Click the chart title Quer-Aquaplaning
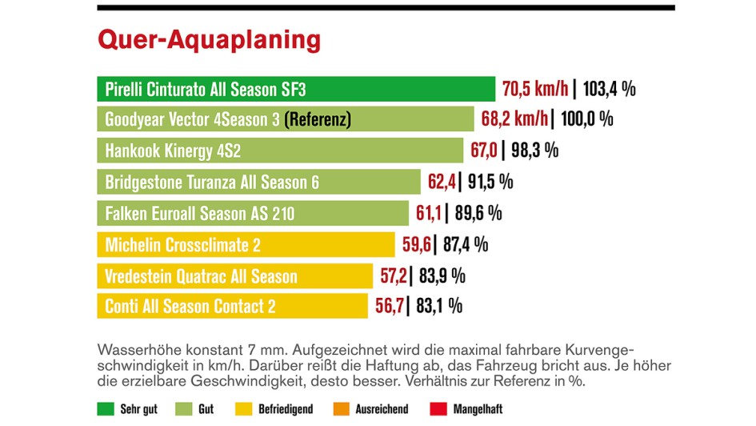[209, 40]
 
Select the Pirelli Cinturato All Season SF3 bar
[296, 88]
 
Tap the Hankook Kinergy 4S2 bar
[280, 151]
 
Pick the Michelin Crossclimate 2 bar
[246, 244]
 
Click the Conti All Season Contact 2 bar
[232, 306]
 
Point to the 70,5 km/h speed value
[535, 88]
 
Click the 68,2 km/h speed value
[514, 119]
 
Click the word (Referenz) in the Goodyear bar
[318, 120]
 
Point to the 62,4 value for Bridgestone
[441, 182]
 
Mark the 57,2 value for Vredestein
[394, 275]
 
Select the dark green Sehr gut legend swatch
[105, 409]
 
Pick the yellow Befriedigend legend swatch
[240, 409]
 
